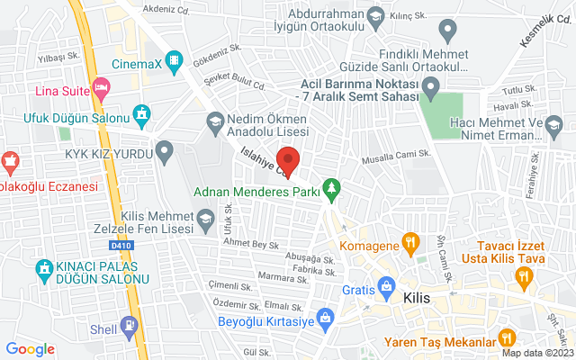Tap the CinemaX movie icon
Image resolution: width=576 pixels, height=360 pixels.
[x=174, y=62]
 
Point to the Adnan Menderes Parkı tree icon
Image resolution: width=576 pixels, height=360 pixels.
[x=334, y=189]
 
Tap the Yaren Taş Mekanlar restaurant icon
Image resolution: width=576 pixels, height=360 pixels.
[x=506, y=340]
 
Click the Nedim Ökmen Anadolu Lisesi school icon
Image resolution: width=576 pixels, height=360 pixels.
[x=215, y=121]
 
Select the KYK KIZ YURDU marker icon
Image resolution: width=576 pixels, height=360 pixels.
[x=164, y=152]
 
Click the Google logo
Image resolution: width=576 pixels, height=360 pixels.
[x=31, y=348]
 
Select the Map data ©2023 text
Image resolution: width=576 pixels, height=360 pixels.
[x=536, y=353]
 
